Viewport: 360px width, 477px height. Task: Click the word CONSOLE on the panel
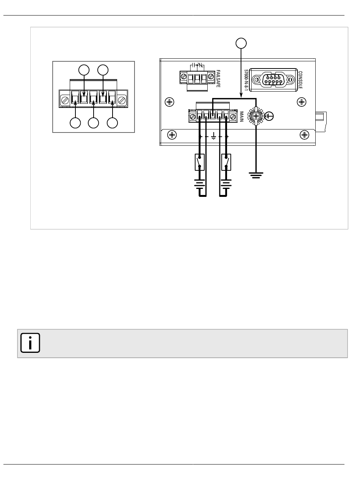(300, 80)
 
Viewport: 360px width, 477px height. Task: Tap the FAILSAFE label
(218, 78)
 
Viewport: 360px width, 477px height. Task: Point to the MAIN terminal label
(241, 117)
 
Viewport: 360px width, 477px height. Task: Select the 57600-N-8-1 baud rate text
(246, 80)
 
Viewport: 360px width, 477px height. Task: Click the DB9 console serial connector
(273, 80)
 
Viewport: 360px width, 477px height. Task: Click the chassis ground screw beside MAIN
(256, 116)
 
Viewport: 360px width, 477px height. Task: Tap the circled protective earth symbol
(269, 116)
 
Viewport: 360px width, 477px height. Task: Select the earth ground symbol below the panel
(256, 175)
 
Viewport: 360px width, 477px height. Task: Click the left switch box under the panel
(199, 162)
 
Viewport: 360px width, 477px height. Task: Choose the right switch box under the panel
(226, 162)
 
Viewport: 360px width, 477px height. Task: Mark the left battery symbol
(199, 184)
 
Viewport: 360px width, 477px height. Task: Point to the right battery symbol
(226, 184)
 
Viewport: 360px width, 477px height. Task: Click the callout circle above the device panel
(241, 43)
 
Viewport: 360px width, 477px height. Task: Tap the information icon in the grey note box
(30, 343)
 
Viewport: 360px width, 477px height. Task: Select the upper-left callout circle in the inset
(84, 70)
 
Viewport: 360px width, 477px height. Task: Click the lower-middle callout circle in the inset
(93, 123)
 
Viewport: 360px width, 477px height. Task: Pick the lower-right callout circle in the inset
(112, 123)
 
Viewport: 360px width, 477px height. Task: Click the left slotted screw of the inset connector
(65, 100)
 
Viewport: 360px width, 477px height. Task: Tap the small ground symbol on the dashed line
(213, 136)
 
